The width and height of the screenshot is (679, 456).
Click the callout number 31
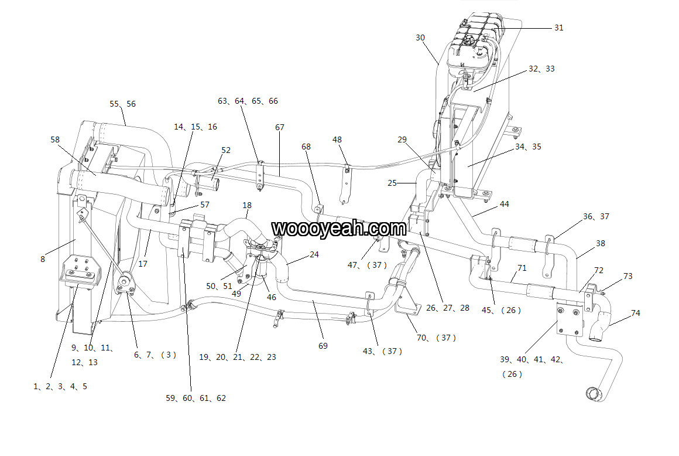click(x=558, y=28)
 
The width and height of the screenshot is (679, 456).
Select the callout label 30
click(x=420, y=38)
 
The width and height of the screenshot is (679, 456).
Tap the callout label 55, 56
click(x=122, y=104)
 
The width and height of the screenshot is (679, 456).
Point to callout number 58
click(x=55, y=139)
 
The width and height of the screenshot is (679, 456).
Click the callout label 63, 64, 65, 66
click(x=248, y=101)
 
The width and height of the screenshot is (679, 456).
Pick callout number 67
click(x=280, y=127)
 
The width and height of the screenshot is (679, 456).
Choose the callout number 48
click(x=337, y=139)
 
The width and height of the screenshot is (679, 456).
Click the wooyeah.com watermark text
click(x=339, y=227)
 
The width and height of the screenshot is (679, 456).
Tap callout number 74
click(x=635, y=313)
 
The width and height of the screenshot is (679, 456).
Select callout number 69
click(x=323, y=346)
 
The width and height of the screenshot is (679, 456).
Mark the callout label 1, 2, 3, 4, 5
click(x=60, y=386)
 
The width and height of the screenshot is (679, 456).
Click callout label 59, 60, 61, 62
click(x=196, y=398)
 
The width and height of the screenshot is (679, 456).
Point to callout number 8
click(x=43, y=258)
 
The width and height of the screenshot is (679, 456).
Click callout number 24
click(x=314, y=254)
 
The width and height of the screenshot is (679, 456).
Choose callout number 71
click(x=522, y=268)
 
